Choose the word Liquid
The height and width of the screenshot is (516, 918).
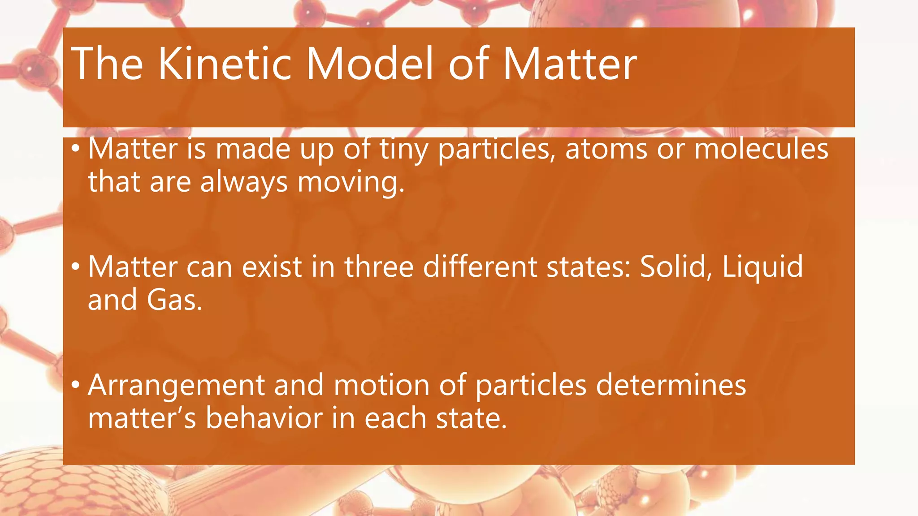point(762,268)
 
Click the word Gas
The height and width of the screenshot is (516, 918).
point(174,300)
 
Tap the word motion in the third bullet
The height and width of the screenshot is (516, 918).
point(381,385)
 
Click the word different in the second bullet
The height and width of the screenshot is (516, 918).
point(480,267)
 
